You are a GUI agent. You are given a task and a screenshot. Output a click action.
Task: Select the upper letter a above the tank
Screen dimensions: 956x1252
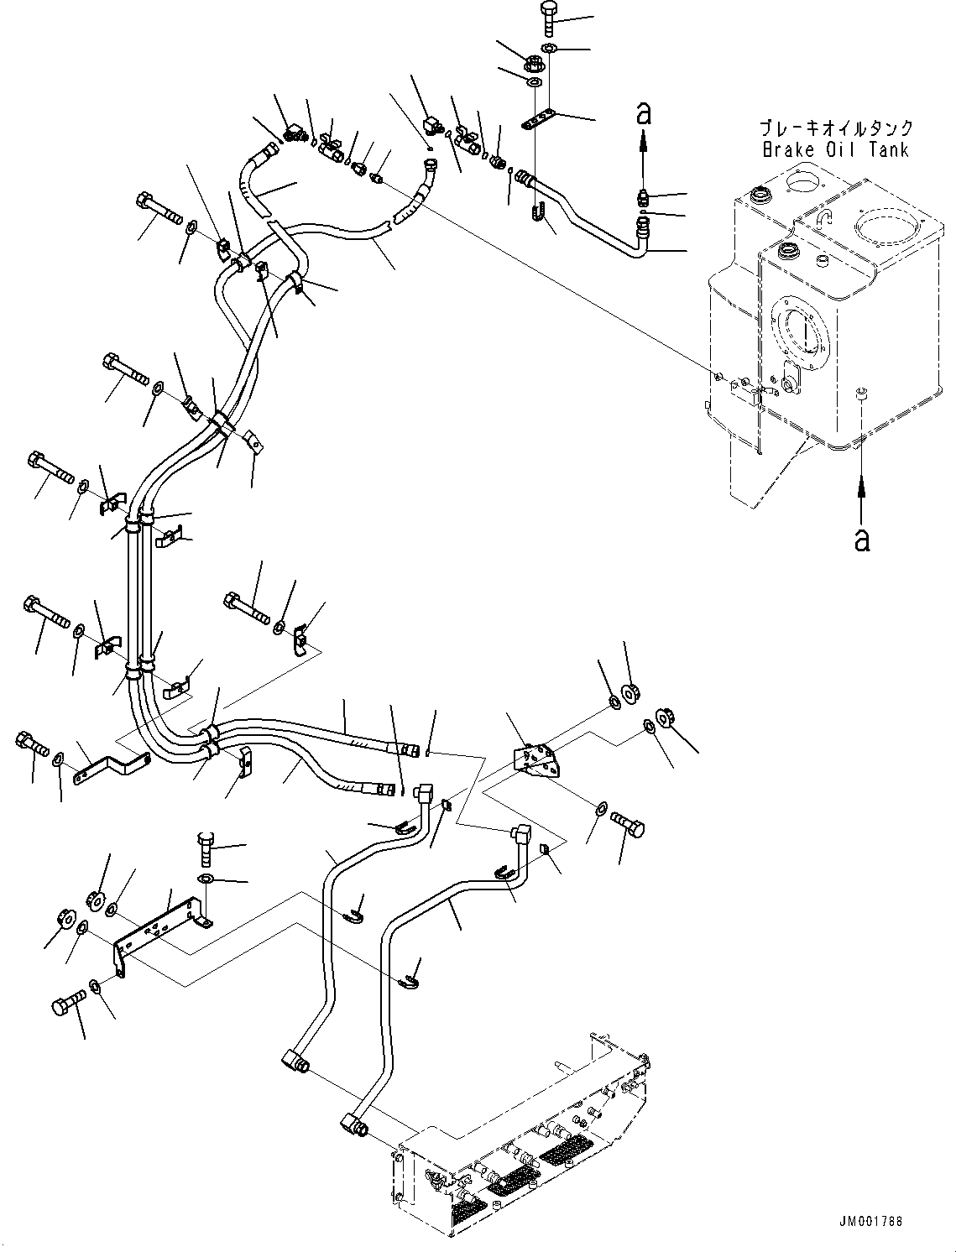(x=644, y=113)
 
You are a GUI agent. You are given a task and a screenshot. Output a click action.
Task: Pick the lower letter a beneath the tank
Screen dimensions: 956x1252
(x=862, y=539)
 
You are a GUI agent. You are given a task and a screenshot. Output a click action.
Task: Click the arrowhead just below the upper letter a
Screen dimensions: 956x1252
(x=644, y=140)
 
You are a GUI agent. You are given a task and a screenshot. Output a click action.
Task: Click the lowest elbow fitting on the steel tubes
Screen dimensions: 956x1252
(x=354, y=1126)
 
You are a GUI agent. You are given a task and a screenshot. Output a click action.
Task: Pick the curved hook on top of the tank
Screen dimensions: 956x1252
(x=823, y=218)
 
